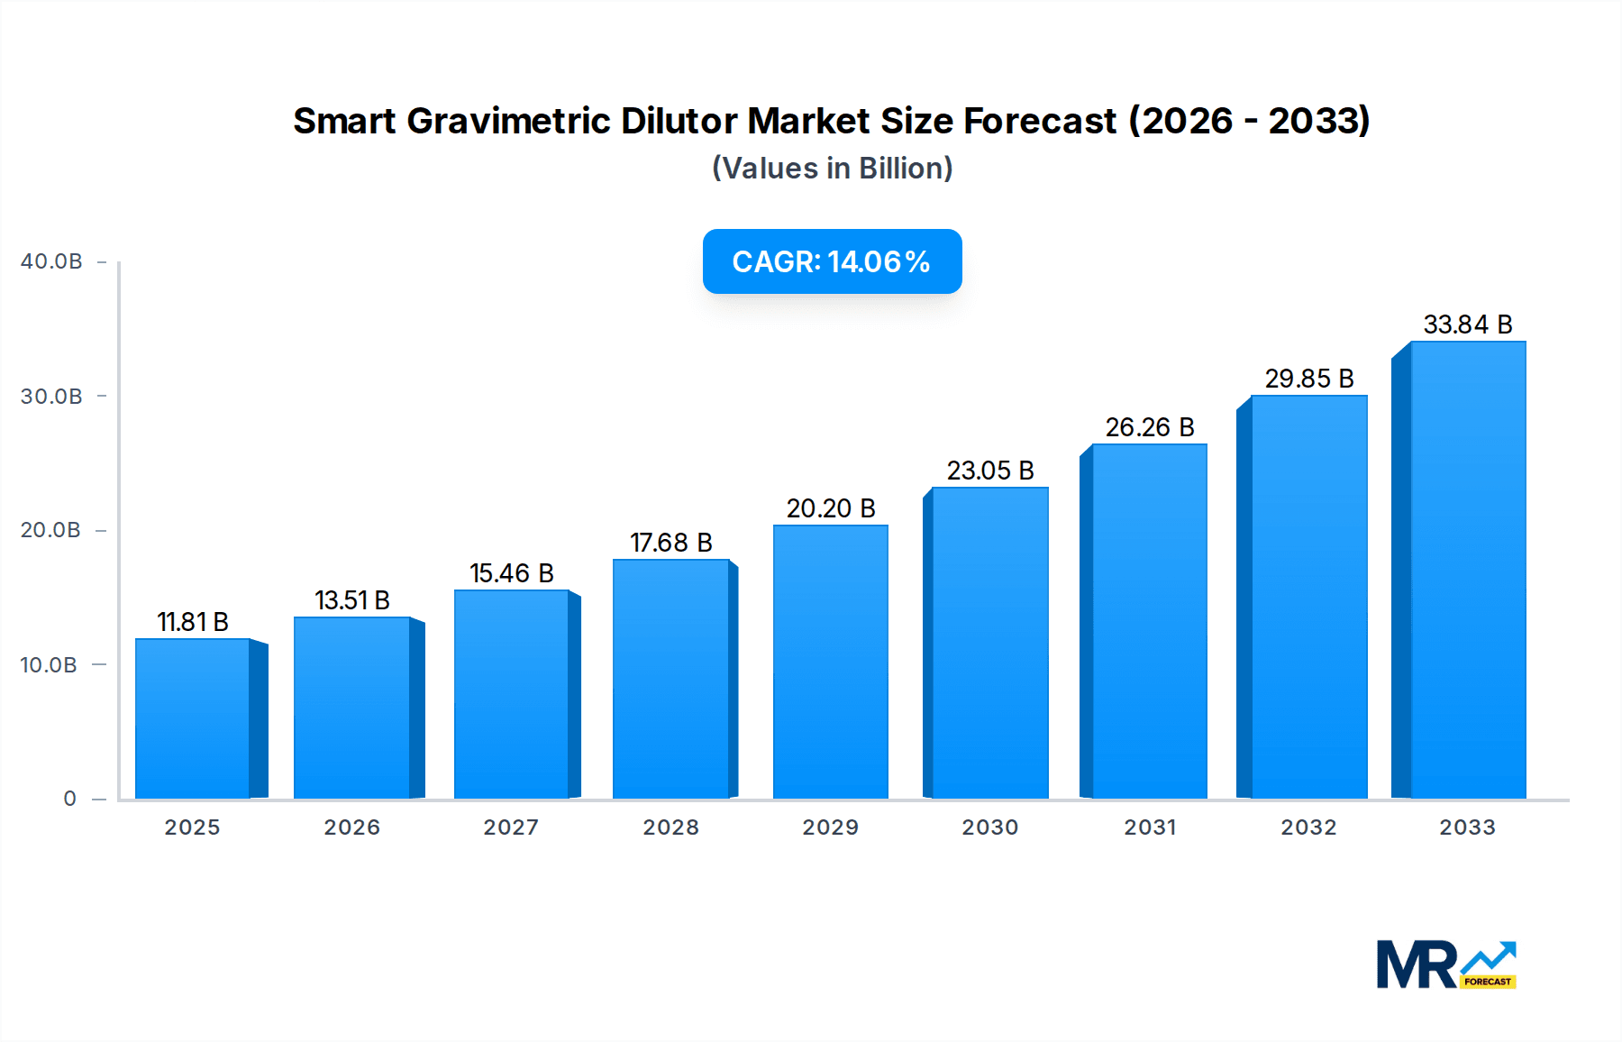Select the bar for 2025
tap(192, 718)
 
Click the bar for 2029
tap(830, 662)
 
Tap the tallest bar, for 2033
tap(1468, 570)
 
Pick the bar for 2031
tap(1149, 621)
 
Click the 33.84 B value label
tap(1467, 324)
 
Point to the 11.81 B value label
tap(193, 622)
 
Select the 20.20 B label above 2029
tap(830, 508)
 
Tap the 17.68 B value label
tap(670, 543)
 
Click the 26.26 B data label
tap(1149, 427)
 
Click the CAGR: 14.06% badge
tap(832, 261)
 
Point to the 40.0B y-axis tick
tap(51, 261)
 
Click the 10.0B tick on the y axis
tap(49, 665)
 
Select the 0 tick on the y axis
tap(69, 799)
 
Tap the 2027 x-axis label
tap(511, 827)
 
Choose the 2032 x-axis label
tap(1308, 827)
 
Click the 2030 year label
tap(989, 827)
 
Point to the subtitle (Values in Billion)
tap(832, 169)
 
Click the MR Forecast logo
tap(1445, 964)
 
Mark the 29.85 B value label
tap(1308, 379)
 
